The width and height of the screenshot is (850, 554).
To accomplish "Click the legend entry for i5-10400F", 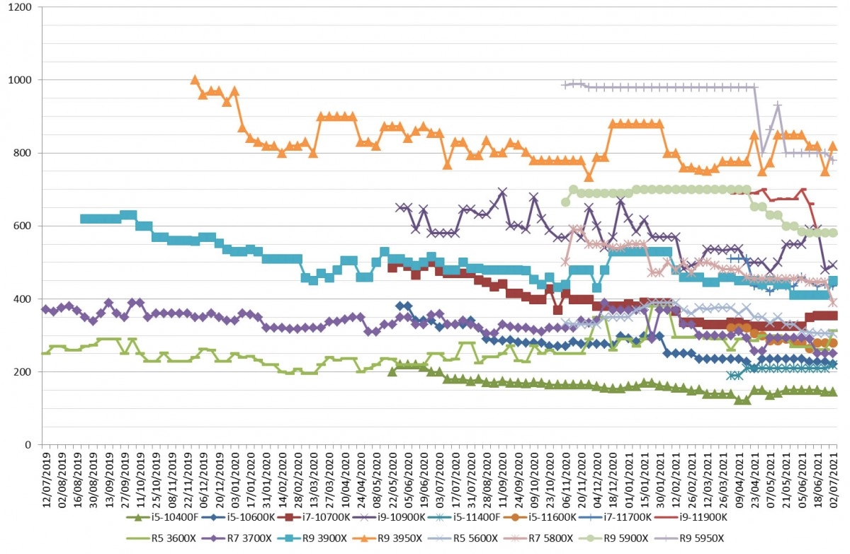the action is click(162, 517).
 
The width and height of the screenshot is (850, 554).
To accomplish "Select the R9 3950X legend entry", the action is click(388, 538).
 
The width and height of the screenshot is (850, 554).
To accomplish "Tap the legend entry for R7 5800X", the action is click(538, 538).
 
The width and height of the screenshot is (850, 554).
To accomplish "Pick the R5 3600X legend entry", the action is click(161, 538).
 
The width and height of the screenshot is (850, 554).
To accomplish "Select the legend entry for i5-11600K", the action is click(540, 517).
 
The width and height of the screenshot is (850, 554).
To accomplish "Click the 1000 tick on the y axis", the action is click(20, 80).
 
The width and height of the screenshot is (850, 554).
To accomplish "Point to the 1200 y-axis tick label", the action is click(20, 7).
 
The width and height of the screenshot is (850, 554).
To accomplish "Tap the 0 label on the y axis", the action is click(28, 445).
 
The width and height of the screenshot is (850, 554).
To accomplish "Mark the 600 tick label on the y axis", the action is click(23, 226).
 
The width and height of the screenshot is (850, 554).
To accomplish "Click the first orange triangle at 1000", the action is click(195, 80).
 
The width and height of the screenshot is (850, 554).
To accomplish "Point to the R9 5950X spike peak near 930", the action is click(778, 105).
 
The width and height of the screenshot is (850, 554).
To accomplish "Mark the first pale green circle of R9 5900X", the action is click(565, 202).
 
